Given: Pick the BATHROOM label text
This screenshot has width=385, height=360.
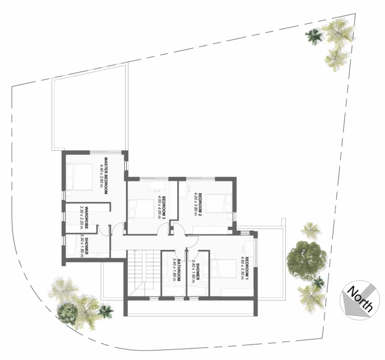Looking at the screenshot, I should click(x=178, y=269).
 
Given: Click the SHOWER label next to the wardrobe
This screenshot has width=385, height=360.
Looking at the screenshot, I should click(x=87, y=246).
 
